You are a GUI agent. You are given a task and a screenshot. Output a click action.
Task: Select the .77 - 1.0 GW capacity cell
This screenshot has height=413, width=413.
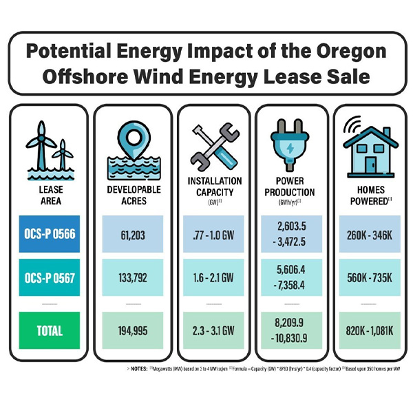tap(214, 234)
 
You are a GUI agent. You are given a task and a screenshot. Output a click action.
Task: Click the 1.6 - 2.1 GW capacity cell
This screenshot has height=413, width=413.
tap(214, 278)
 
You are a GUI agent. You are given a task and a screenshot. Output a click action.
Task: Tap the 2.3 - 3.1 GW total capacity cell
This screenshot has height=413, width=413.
tap(214, 330)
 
